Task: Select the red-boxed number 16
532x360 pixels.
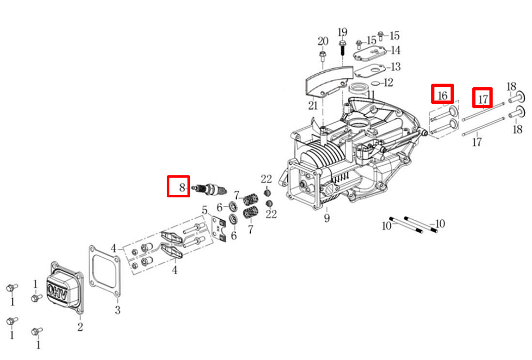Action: point(442,95)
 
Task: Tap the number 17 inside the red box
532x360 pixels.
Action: point(483,98)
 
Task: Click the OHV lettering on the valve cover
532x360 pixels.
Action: point(57,288)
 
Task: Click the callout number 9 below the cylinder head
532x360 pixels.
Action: point(326,218)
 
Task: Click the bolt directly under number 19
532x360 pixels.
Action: point(343,48)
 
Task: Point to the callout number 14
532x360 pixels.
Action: point(395,50)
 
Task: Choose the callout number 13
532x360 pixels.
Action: point(395,67)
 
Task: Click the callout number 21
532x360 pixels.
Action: point(313,105)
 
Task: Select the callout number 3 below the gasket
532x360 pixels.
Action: point(118,310)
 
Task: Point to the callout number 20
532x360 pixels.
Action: point(323,41)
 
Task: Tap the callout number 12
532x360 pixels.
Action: point(388,83)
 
